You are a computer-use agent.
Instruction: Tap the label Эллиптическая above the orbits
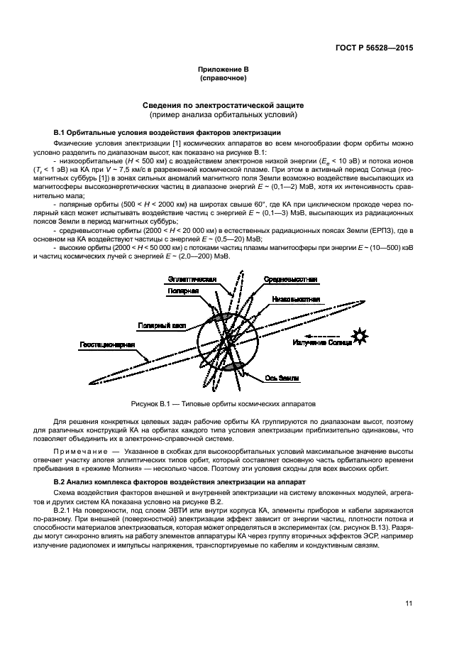192,280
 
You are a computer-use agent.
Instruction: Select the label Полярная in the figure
184,291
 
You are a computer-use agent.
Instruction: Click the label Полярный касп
162,325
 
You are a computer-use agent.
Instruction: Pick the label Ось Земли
282,379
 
